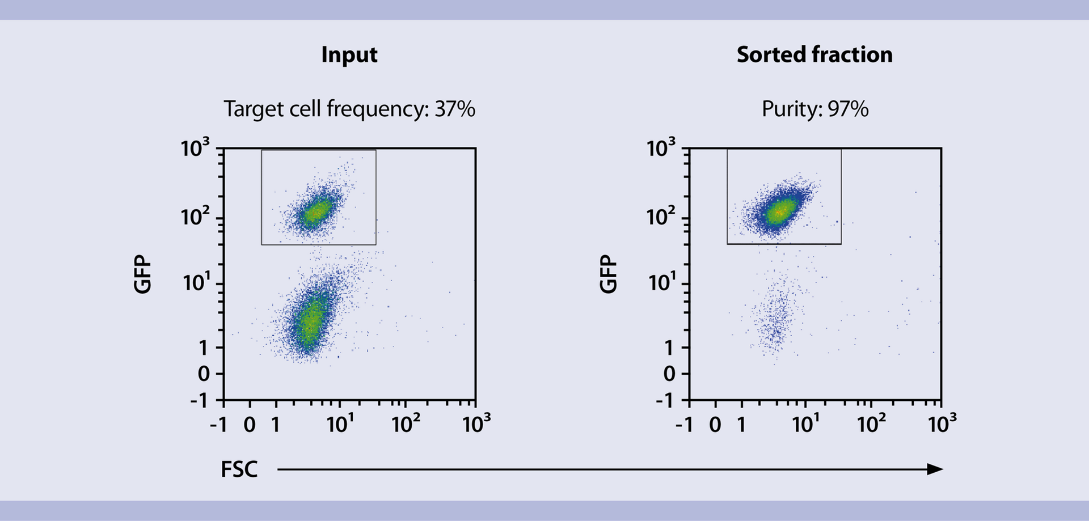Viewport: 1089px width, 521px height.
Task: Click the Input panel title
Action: click(349, 55)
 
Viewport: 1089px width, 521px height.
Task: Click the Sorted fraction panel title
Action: click(814, 55)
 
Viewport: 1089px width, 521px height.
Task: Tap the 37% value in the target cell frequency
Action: click(455, 109)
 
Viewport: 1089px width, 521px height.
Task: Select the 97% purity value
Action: click(848, 109)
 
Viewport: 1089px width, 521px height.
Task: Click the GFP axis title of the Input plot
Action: click(143, 274)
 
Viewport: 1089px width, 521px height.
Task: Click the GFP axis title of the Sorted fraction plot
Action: click(609, 274)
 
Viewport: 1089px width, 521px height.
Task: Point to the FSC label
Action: click(239, 470)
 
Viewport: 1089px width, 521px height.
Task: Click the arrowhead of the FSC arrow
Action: click(935, 469)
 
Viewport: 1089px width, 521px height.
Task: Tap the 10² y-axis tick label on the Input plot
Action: click(195, 216)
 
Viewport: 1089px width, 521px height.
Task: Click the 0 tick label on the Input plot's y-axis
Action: click(204, 374)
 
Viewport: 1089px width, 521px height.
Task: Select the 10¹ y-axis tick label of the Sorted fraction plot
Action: click(661, 282)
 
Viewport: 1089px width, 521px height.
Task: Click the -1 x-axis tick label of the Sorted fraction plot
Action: click(684, 425)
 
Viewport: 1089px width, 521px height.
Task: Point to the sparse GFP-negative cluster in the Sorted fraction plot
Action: click(775, 320)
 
